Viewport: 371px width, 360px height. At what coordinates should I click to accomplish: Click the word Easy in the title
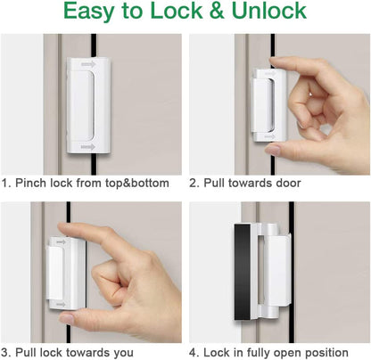[x=99, y=12]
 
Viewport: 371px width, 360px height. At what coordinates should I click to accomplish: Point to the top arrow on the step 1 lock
[x=87, y=64]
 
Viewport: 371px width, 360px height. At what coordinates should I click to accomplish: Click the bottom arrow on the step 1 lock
[x=87, y=146]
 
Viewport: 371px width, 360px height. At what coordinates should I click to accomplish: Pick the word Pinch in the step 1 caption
[x=33, y=183]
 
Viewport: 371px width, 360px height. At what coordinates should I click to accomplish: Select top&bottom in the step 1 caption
[x=139, y=183]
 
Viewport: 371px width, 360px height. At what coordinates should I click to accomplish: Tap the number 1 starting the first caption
[x=5, y=183]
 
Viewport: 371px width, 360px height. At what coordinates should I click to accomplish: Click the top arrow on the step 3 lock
[x=61, y=241]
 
